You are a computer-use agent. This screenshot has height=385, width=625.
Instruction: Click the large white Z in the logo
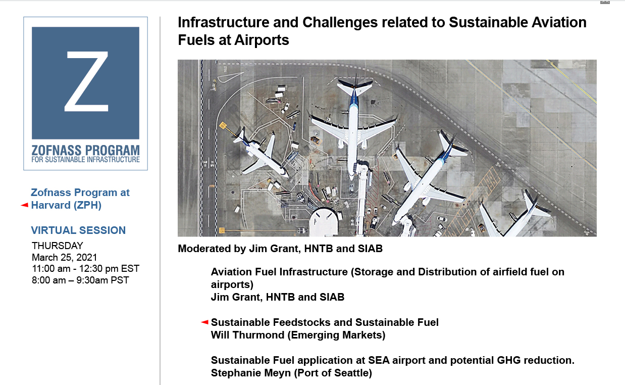[86, 81]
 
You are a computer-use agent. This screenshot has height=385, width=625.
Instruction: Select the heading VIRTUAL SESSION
[78, 230]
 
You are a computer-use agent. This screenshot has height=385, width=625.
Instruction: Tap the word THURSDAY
[57, 246]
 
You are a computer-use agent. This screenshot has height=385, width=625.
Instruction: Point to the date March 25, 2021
[65, 257]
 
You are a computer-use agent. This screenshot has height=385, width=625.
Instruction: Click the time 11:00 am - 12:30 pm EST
[85, 269]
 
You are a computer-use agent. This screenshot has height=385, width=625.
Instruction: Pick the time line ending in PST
[80, 280]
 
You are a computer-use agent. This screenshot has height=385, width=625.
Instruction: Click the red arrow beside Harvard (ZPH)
[25, 205]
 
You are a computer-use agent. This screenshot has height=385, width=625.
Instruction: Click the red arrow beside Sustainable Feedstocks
[205, 322]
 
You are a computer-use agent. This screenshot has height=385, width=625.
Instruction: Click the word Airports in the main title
[262, 40]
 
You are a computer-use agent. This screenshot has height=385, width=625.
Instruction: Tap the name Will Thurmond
[247, 335]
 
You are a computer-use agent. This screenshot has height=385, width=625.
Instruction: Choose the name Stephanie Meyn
[251, 373]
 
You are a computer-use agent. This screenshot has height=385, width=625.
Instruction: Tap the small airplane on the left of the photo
[261, 153]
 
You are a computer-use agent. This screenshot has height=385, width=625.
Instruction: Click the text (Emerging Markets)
[337, 335]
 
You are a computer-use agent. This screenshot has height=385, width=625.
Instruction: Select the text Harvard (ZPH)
[66, 205]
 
